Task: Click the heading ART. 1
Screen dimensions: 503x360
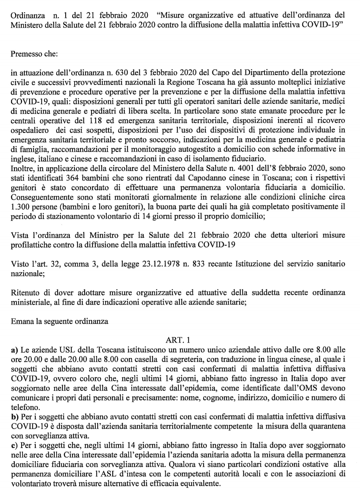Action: (x=179, y=340)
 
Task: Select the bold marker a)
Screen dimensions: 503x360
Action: (x=14, y=350)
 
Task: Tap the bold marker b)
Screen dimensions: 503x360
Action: (x=15, y=417)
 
